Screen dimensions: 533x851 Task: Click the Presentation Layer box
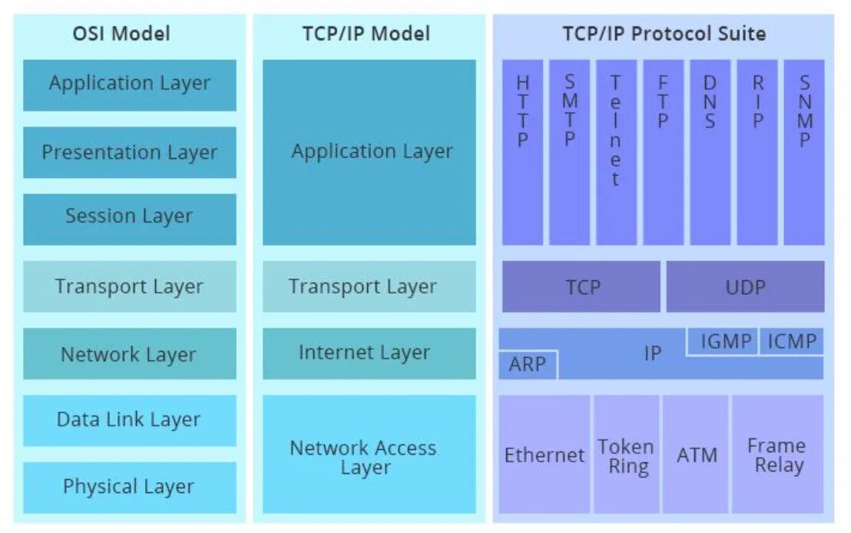tap(129, 152)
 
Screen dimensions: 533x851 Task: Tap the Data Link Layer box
tap(129, 420)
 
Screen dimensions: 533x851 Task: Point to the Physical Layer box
tap(129, 487)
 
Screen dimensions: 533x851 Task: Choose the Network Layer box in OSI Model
tap(129, 354)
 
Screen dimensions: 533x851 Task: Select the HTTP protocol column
tap(522, 152)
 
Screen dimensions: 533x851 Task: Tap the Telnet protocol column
tap(615, 152)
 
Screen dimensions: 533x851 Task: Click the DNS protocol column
tap(710, 152)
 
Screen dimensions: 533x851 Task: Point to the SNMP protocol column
tap(804, 152)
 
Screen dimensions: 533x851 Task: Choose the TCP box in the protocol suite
tap(581, 286)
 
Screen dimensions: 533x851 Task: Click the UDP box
tap(745, 286)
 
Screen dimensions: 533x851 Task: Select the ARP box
tap(528, 364)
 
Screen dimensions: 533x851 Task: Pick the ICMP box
tap(792, 342)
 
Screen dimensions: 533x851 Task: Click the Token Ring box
tap(626, 455)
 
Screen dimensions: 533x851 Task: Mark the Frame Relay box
tap(777, 455)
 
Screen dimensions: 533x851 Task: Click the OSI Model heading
tap(121, 34)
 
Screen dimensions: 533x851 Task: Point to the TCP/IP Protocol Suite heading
tap(664, 34)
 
